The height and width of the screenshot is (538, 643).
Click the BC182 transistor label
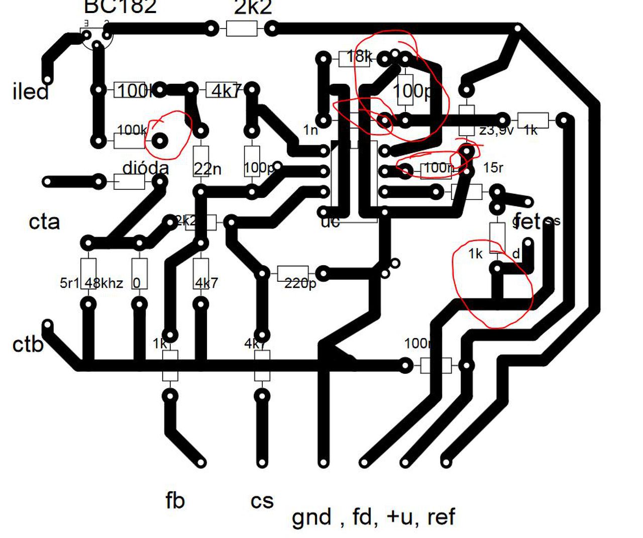pyautogui.click(x=120, y=7)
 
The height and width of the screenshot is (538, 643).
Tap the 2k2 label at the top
pyautogui.click(x=253, y=8)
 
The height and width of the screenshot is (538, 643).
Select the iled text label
pyautogui.click(x=30, y=92)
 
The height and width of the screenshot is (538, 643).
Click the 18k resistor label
pyautogui.click(x=359, y=56)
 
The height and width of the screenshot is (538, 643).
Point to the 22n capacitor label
pyautogui.click(x=207, y=169)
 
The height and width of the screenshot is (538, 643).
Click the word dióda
pyautogui.click(x=145, y=168)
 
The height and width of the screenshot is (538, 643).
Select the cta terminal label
pyautogui.click(x=44, y=222)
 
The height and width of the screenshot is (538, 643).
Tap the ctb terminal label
pyautogui.click(x=28, y=345)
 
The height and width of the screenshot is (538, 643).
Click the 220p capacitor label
pyautogui.click(x=300, y=283)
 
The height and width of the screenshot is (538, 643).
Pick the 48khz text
pyautogui.click(x=103, y=283)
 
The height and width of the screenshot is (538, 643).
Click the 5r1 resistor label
pyautogui.click(x=70, y=283)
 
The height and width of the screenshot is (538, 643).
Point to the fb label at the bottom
pyautogui.click(x=175, y=500)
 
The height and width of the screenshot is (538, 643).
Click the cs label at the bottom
pyautogui.click(x=262, y=501)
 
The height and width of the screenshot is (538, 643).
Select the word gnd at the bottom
pyautogui.click(x=311, y=517)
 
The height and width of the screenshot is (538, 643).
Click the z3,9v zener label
pyautogui.click(x=496, y=131)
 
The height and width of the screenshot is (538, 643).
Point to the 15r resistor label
pyautogui.click(x=493, y=167)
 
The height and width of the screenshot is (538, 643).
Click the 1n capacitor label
pyautogui.click(x=310, y=130)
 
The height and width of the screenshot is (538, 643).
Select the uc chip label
pyautogui.click(x=330, y=222)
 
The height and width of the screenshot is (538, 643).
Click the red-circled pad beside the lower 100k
pyautogui.click(x=160, y=141)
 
